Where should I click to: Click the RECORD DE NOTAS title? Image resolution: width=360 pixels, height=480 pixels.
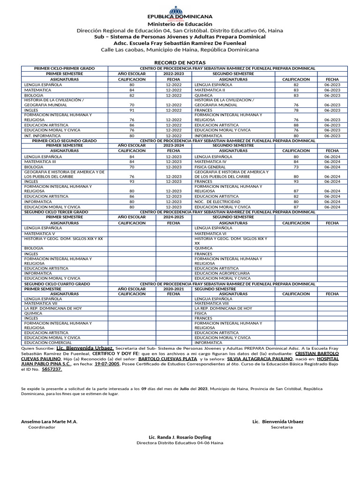(x=180, y=62)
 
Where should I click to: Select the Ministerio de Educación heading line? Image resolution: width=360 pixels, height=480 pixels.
(x=180, y=24)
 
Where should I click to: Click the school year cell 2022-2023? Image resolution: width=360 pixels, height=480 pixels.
(x=173, y=74)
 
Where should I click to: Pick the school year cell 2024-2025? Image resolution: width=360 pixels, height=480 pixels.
(x=173, y=217)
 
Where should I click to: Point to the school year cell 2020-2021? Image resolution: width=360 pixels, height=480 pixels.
(x=173, y=289)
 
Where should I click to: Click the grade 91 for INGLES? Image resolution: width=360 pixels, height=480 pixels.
(x=132, y=110)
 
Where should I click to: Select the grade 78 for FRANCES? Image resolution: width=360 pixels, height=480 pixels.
(x=296, y=110)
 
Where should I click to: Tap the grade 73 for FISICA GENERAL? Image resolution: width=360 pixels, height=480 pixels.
(x=296, y=167)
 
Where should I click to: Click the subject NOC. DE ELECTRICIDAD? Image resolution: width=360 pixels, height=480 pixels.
(x=214, y=202)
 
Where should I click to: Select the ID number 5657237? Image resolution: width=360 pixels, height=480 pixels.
(x=52, y=369)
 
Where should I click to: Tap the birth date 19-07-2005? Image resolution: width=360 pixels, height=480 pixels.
(x=107, y=363)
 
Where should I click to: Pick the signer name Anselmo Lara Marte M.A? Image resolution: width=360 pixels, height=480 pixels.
(x=49, y=421)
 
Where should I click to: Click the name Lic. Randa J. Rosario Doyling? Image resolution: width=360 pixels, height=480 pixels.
(x=180, y=437)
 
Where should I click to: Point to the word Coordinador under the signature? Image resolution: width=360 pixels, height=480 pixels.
(x=42, y=427)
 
